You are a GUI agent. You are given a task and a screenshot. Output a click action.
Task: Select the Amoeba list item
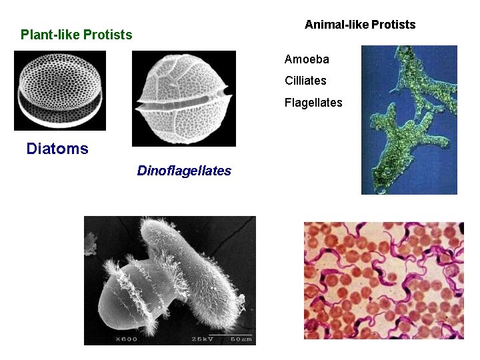click(307, 59)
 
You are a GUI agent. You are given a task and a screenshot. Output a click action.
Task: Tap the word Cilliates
click(305, 81)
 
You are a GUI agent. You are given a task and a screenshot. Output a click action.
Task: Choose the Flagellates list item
click(313, 103)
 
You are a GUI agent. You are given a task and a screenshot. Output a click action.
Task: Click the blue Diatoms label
click(57, 149)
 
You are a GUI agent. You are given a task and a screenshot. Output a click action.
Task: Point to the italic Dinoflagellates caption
click(184, 171)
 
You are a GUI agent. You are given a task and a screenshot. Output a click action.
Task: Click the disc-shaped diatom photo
click(59, 90)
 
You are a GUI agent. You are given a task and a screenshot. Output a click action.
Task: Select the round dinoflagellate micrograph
click(184, 98)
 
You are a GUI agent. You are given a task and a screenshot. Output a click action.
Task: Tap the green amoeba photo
click(409, 120)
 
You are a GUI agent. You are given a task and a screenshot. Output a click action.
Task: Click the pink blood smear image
click(383, 281)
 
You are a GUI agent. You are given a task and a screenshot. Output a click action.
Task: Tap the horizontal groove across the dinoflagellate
click(184, 104)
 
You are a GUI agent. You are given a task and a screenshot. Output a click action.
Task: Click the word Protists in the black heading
click(393, 25)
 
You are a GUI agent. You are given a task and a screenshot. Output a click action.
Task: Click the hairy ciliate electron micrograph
click(169, 280)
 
